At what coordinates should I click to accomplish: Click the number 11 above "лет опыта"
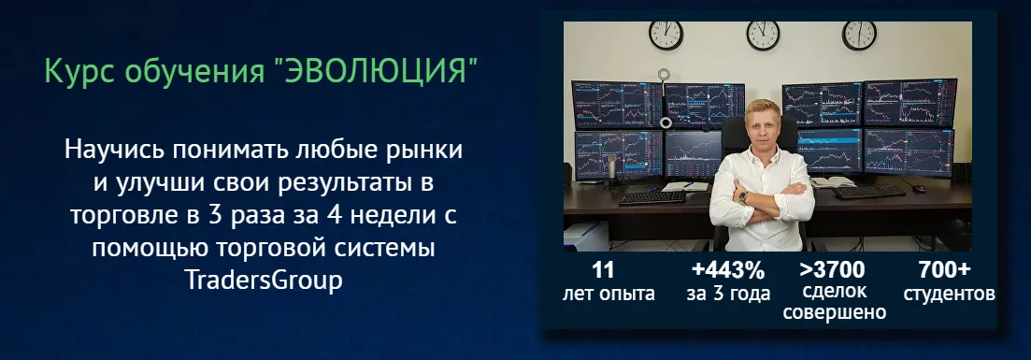click(604, 270)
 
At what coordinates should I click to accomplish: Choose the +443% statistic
click(728, 270)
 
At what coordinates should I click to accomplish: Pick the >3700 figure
click(833, 270)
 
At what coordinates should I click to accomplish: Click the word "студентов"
click(949, 294)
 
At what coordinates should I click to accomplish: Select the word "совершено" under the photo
click(834, 313)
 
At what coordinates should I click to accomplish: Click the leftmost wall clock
click(666, 34)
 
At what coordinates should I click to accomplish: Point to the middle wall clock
click(763, 34)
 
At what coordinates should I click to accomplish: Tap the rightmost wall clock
click(859, 34)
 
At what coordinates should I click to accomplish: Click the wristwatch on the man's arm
click(744, 196)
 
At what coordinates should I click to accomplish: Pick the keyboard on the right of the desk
click(870, 192)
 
